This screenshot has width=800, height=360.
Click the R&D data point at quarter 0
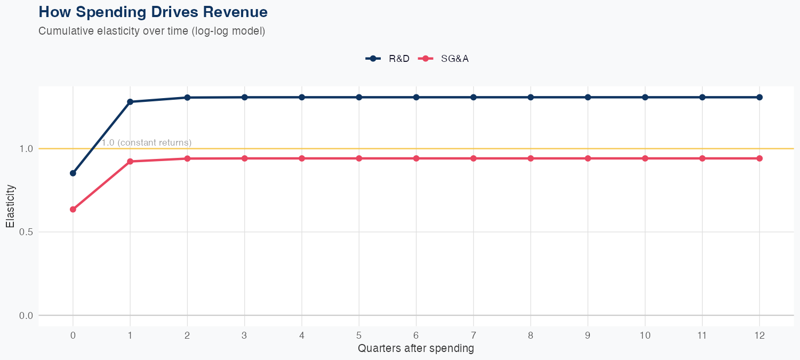pos(73,173)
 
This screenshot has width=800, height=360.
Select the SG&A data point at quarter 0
pos(73,210)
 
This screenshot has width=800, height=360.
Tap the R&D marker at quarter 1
pos(130,102)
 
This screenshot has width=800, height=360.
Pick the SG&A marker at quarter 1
pos(130,161)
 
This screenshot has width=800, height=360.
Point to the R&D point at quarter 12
pos(759,97)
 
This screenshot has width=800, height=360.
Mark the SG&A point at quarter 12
pos(759,158)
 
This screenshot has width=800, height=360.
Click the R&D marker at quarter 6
pos(416,97)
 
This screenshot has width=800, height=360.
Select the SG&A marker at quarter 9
pos(588,158)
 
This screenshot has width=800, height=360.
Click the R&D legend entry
pos(388,59)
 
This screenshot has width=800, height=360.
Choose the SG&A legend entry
pos(443,59)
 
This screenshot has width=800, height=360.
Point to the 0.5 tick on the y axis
pos(26,232)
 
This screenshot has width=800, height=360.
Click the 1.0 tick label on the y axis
pos(26,149)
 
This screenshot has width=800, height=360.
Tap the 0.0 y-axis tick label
pos(26,316)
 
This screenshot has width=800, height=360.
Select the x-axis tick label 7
pos(473,335)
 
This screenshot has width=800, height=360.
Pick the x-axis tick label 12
pos(759,335)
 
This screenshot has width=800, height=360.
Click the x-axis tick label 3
pos(244,335)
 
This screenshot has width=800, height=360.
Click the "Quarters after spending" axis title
pos(416,349)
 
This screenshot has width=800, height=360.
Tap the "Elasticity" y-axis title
pos(10,206)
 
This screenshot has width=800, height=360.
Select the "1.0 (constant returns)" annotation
pos(147,143)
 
